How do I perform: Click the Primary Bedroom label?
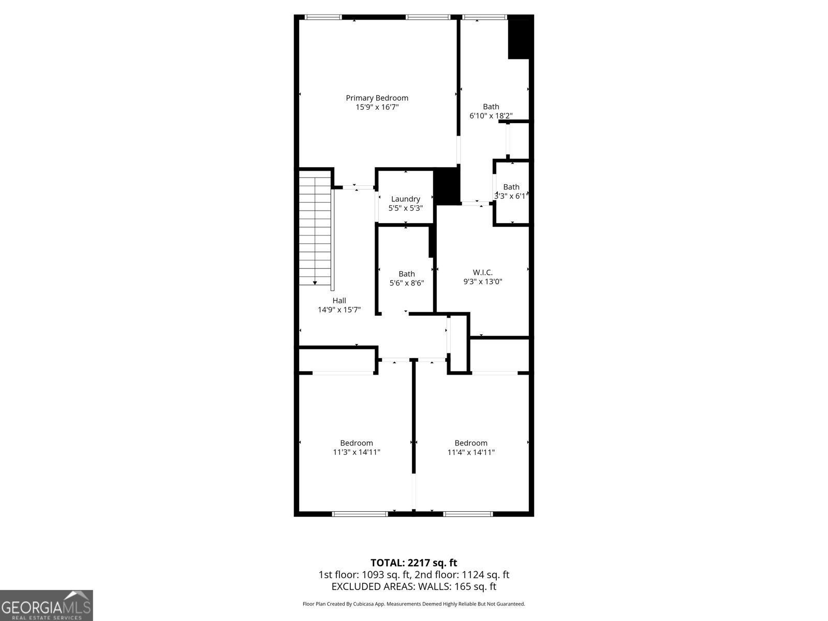coord(377,98)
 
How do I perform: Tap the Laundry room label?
coord(406,199)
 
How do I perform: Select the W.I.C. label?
coord(482,272)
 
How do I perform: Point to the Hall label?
coord(339,301)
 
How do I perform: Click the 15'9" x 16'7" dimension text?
coord(377,107)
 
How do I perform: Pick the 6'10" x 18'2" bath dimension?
coord(491,116)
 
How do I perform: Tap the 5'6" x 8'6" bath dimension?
coord(407,283)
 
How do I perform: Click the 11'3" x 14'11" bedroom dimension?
coord(357,452)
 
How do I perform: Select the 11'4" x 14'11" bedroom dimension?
coord(471,452)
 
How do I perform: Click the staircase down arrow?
coord(315,283)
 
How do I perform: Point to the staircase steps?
coord(315,231)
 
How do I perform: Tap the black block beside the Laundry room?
coord(447,186)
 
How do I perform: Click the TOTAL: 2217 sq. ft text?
coord(413,563)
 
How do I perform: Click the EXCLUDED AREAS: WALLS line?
coord(414,586)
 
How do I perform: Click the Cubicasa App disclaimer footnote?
coord(414,604)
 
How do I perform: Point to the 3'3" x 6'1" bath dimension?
coord(511,196)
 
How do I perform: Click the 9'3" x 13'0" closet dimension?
coord(482,282)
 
